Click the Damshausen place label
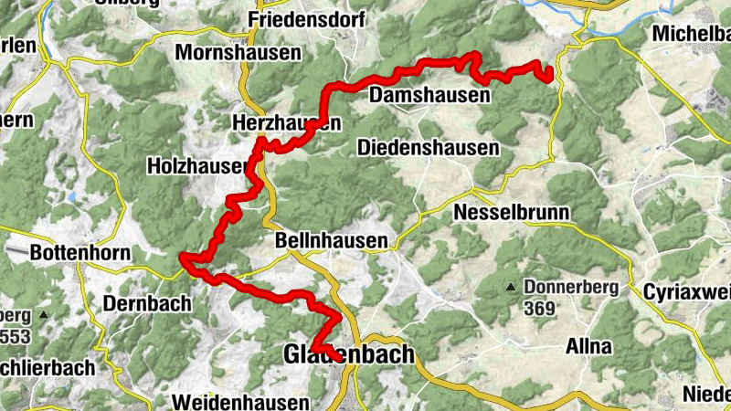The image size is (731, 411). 429,95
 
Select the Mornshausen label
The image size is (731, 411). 239,52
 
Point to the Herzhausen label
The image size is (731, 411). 287,123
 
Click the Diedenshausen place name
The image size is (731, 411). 429,147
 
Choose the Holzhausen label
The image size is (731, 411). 197,166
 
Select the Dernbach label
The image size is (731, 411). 146,302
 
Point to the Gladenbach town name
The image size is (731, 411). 348,353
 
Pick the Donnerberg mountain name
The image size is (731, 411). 571,287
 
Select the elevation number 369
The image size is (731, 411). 540,310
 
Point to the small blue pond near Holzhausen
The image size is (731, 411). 71,197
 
